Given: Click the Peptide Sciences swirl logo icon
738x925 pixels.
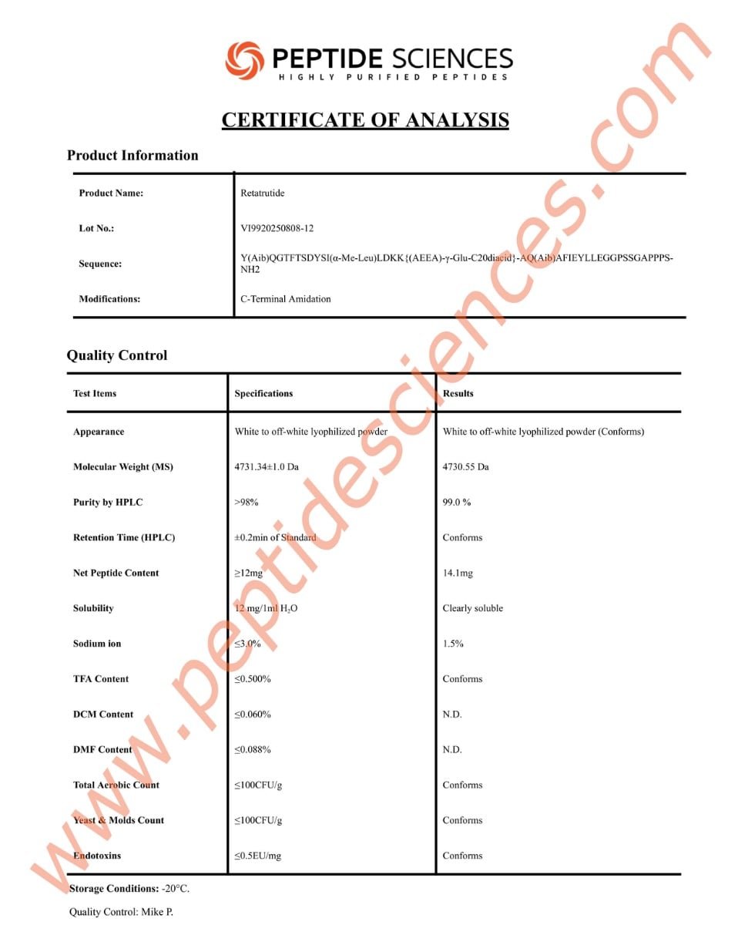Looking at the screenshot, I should [x=244, y=59].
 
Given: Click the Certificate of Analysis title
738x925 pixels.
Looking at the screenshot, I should [x=365, y=120].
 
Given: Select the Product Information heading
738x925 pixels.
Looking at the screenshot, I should [x=133, y=156].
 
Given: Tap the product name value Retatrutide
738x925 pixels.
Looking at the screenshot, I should [x=262, y=193].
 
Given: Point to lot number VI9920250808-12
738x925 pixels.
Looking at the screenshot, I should [x=277, y=229].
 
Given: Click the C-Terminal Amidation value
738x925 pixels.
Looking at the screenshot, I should [x=285, y=299].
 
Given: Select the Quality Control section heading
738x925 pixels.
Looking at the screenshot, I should [x=117, y=355].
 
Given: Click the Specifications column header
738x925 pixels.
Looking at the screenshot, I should [x=263, y=394].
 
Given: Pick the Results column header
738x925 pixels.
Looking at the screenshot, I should [x=458, y=394].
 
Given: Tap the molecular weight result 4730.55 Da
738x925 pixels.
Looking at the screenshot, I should [x=465, y=467].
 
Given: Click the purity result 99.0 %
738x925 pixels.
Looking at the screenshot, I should [x=457, y=503].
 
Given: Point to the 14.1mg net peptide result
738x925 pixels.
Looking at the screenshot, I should [x=458, y=573].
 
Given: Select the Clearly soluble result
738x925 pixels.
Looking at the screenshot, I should [x=472, y=609].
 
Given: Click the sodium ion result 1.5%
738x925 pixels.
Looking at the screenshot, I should [x=453, y=644].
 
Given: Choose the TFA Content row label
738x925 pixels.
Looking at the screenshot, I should [x=101, y=679].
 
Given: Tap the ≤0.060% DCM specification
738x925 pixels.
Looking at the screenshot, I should [x=253, y=715].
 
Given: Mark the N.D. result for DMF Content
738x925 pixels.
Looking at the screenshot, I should [x=452, y=750].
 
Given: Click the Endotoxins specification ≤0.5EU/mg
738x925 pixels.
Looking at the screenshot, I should [x=260, y=856].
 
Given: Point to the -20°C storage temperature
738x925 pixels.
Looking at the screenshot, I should [x=175, y=889].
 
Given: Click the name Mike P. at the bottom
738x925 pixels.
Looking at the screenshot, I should [x=157, y=913].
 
